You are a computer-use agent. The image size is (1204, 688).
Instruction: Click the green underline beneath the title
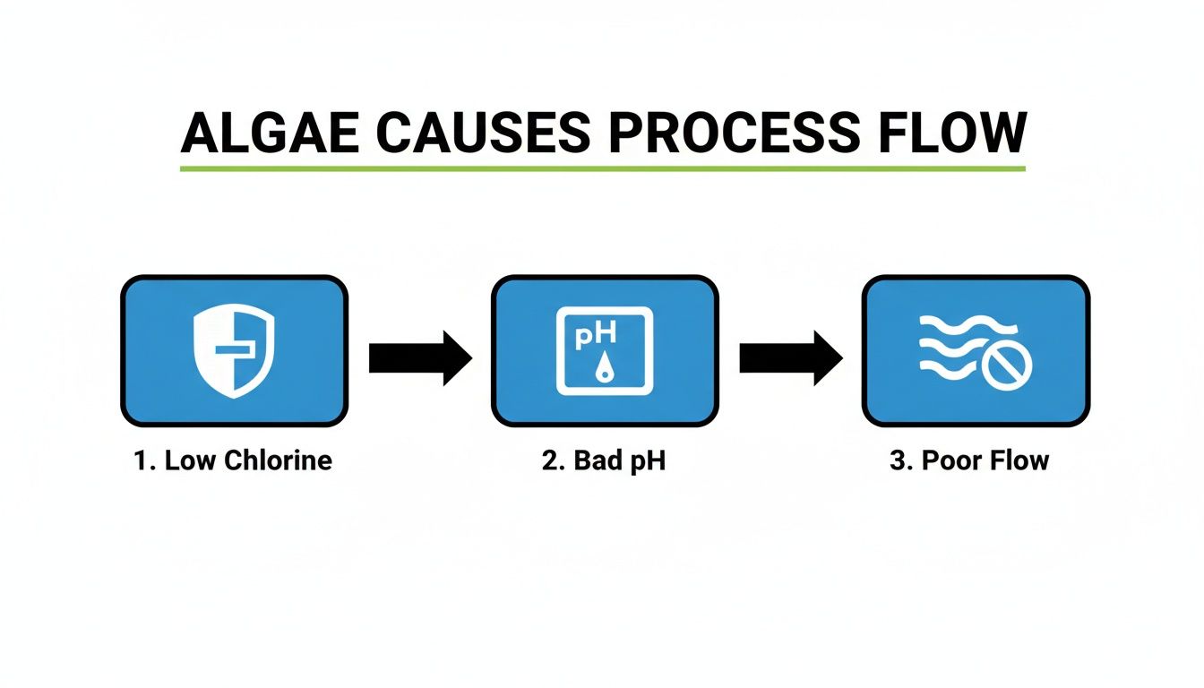602,168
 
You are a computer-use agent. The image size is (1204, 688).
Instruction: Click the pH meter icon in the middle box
605,351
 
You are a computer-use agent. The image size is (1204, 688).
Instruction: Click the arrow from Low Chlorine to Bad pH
419,358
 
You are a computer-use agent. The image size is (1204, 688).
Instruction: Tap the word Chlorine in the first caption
278,460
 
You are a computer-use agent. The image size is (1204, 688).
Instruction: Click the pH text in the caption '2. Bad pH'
647,462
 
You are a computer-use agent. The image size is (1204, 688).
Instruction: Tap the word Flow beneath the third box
1018,460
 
